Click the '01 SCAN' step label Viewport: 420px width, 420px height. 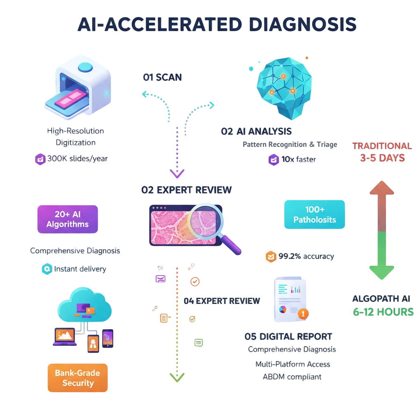[162, 77]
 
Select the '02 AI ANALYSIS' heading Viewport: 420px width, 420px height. [256, 131]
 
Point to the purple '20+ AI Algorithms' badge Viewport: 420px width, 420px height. [68, 219]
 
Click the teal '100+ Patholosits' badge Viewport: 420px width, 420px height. [315, 215]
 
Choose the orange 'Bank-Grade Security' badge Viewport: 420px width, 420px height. [78, 378]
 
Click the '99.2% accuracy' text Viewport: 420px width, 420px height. [306, 256]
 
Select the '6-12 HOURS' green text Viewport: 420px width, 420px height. [383, 312]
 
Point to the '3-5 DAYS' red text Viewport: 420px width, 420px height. [382, 158]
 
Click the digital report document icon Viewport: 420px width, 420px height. [289, 299]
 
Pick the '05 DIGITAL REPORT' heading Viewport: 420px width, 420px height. [288, 336]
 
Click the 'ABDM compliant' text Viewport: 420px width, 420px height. [292, 377]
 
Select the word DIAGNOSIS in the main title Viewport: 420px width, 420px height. [302, 25]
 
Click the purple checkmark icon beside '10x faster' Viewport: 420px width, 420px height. [274, 160]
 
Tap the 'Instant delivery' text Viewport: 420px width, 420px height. [80, 269]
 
